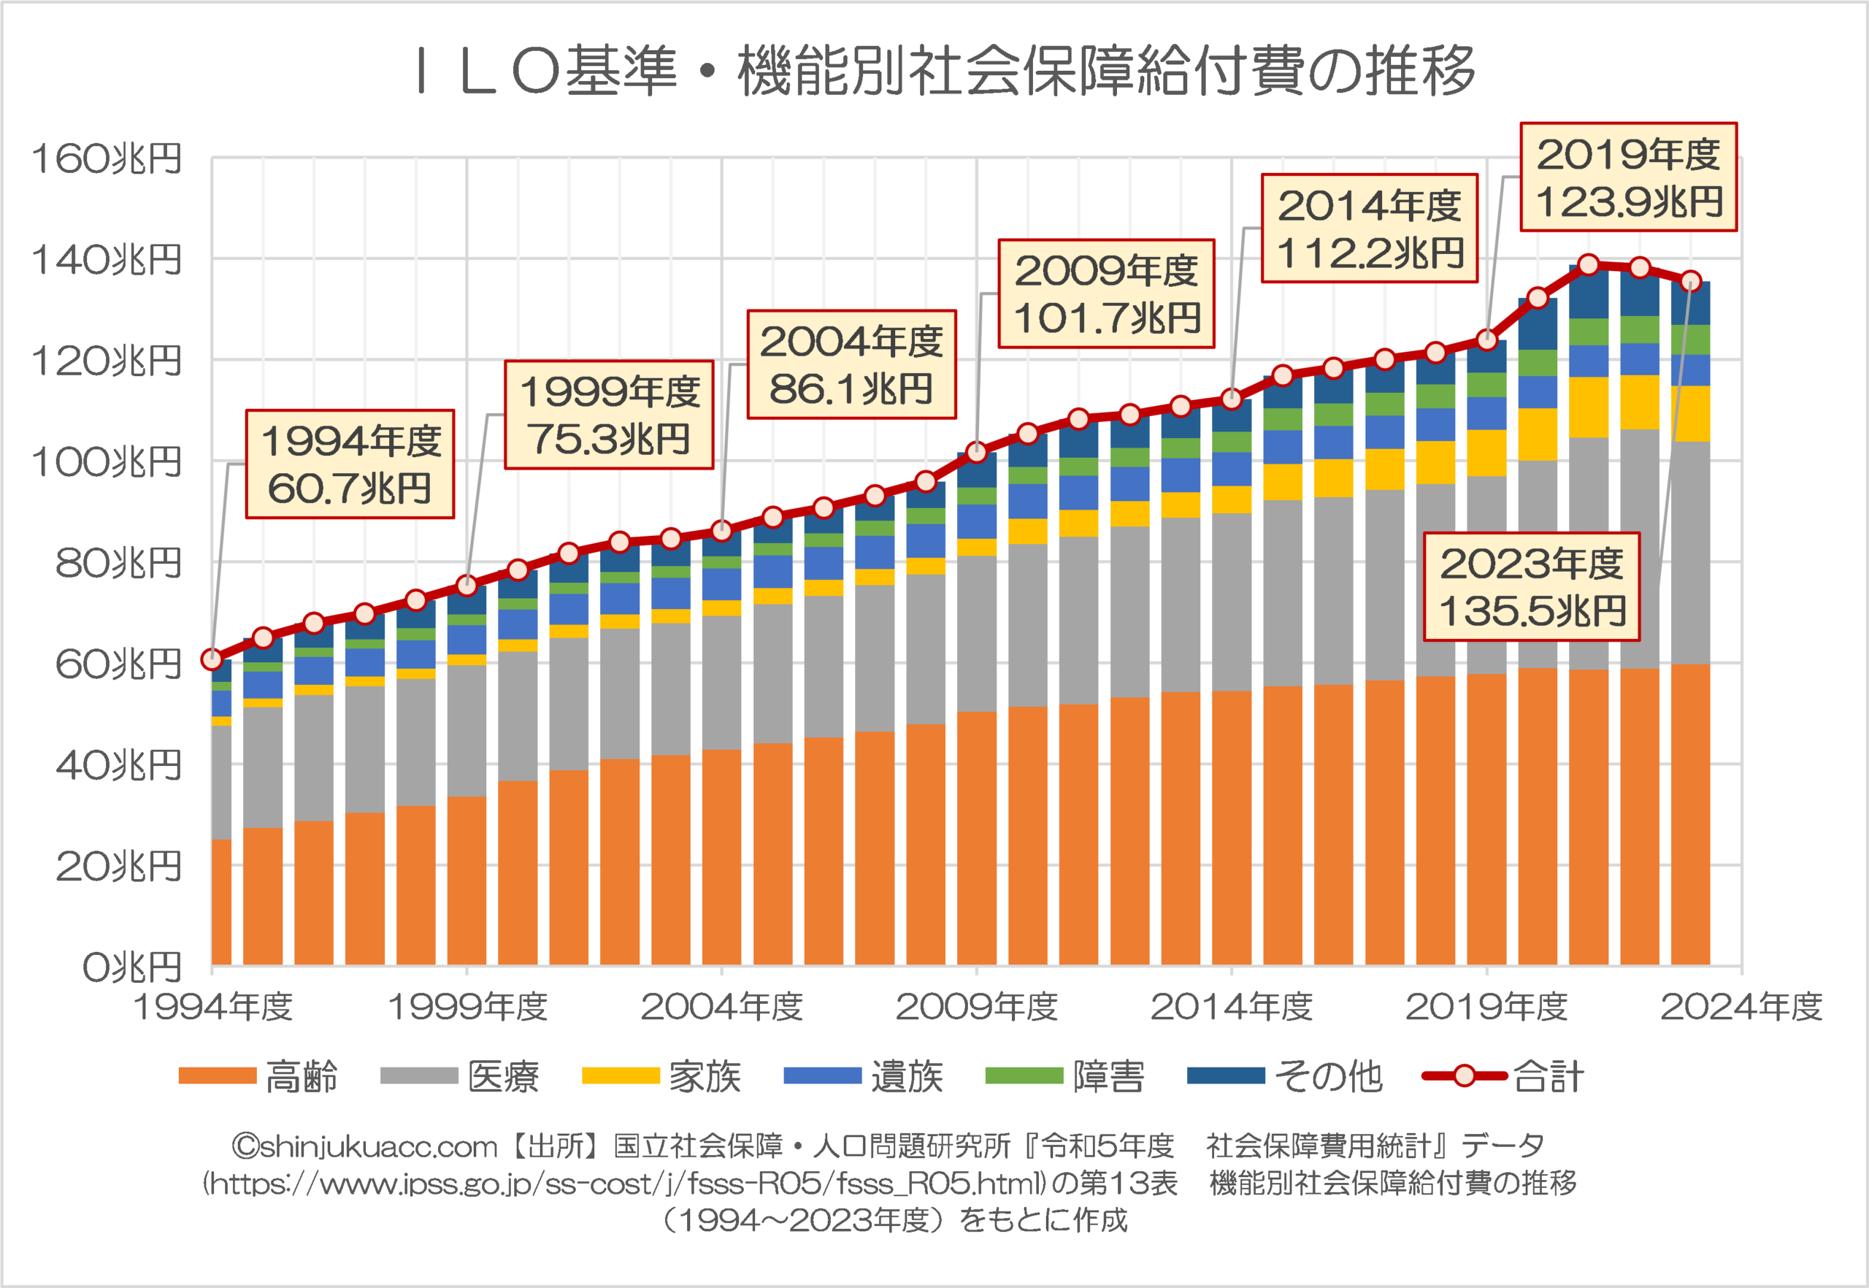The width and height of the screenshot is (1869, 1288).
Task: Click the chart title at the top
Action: tap(944, 71)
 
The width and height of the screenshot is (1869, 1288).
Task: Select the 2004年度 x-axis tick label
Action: tap(721, 1007)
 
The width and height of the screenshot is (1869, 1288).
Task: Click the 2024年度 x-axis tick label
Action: tap(1741, 1007)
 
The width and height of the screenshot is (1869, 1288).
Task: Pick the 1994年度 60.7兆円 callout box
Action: tap(350, 464)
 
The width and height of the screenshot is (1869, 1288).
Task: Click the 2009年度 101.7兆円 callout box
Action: tap(1105, 294)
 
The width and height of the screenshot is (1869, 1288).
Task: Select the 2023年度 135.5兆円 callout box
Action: tap(1531, 587)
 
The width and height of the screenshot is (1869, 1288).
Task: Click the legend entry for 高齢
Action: tap(258, 1076)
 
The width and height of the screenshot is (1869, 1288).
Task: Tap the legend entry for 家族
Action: tap(661, 1076)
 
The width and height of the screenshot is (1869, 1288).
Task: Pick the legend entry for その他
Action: tap(1285, 1076)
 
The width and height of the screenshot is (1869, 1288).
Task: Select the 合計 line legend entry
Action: tap(1503, 1076)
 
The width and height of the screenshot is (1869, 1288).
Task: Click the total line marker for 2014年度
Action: tap(1232, 399)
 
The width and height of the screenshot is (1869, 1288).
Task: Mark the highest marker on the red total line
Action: tap(1589, 265)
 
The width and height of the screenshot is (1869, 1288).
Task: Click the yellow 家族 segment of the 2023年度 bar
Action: tap(1691, 413)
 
